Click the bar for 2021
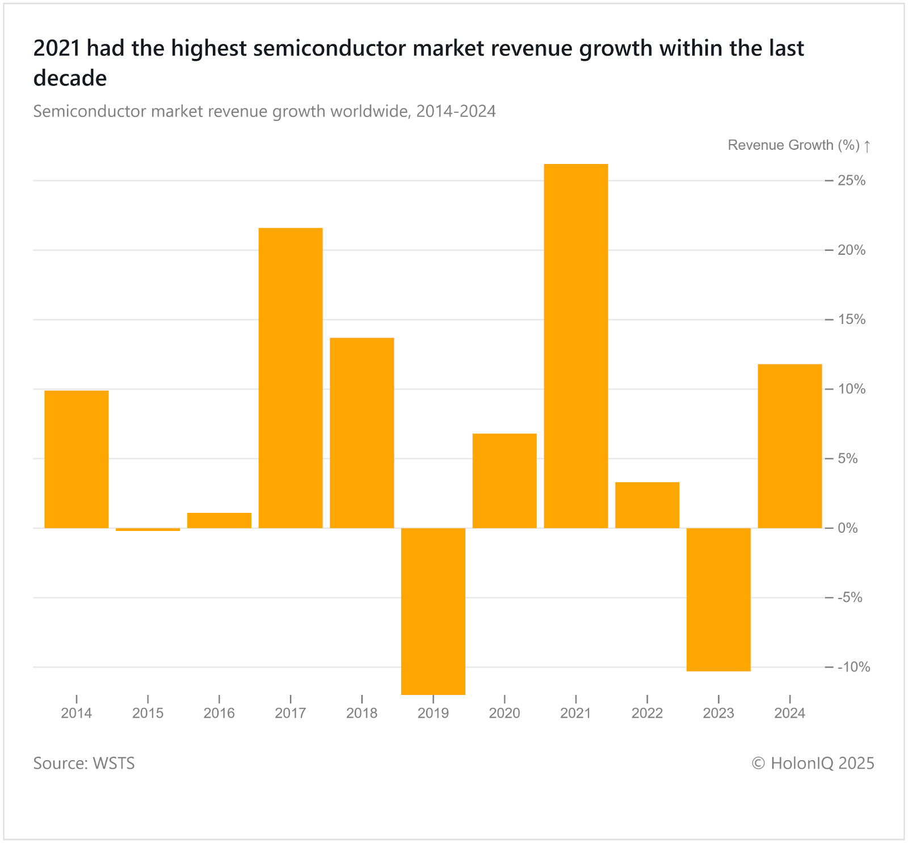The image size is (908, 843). (575, 346)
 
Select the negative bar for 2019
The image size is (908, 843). (433, 611)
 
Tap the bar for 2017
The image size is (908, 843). (291, 378)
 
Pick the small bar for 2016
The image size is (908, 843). (219, 520)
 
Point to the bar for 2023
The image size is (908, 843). (718, 599)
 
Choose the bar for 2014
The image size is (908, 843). (77, 459)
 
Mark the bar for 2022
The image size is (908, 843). (647, 505)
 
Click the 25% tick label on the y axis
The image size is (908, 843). (851, 180)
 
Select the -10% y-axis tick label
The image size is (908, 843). (854, 667)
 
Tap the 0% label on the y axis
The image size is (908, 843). (848, 528)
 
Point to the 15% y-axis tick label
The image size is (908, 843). (851, 319)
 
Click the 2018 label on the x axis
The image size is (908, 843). (361, 713)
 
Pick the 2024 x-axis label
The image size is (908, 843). (789, 713)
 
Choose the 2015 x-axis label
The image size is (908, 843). (148, 713)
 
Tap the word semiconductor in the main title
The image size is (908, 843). (330, 49)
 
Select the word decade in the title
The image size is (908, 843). (70, 78)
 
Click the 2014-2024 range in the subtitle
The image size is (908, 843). (456, 111)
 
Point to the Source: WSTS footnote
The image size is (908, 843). (84, 763)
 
